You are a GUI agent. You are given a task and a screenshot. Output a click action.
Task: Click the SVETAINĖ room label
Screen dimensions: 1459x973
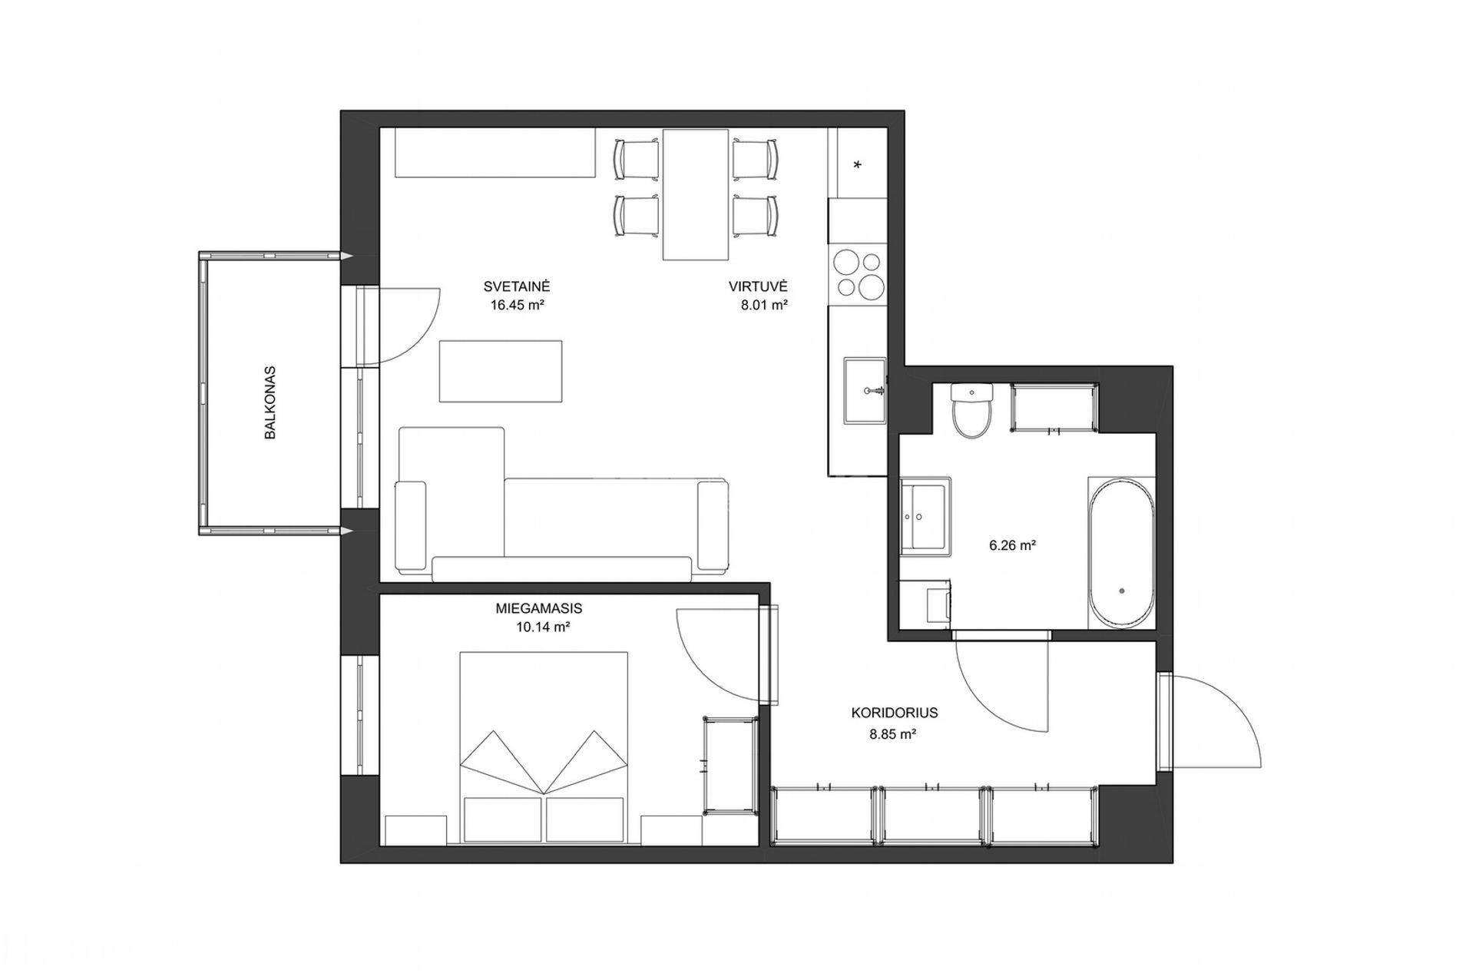[x=517, y=286]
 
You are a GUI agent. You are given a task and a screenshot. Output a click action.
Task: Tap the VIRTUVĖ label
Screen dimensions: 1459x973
[x=759, y=286]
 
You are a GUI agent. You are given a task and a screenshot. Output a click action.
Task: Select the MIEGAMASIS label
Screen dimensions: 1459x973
[x=539, y=608]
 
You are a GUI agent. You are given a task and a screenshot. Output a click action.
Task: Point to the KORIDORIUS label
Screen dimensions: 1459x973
[x=895, y=713]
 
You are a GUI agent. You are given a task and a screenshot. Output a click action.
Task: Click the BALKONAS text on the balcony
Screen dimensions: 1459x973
[x=270, y=402]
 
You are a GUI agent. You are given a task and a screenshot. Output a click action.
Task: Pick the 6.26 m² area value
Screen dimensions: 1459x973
[x=1013, y=546]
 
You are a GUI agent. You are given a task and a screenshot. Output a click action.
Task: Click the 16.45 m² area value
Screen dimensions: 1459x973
[x=518, y=305]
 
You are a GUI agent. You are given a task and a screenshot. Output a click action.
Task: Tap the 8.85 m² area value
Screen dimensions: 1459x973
[x=893, y=734]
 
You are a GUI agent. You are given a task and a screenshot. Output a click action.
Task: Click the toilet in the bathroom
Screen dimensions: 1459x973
[x=972, y=411]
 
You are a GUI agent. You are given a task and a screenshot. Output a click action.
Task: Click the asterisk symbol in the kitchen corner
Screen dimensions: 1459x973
[x=858, y=165]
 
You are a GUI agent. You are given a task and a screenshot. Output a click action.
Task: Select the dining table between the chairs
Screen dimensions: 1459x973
[x=696, y=194]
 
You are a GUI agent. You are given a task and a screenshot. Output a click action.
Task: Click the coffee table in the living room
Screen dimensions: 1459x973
[x=500, y=371]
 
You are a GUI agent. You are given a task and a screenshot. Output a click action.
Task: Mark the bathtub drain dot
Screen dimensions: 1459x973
[x=1122, y=591]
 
